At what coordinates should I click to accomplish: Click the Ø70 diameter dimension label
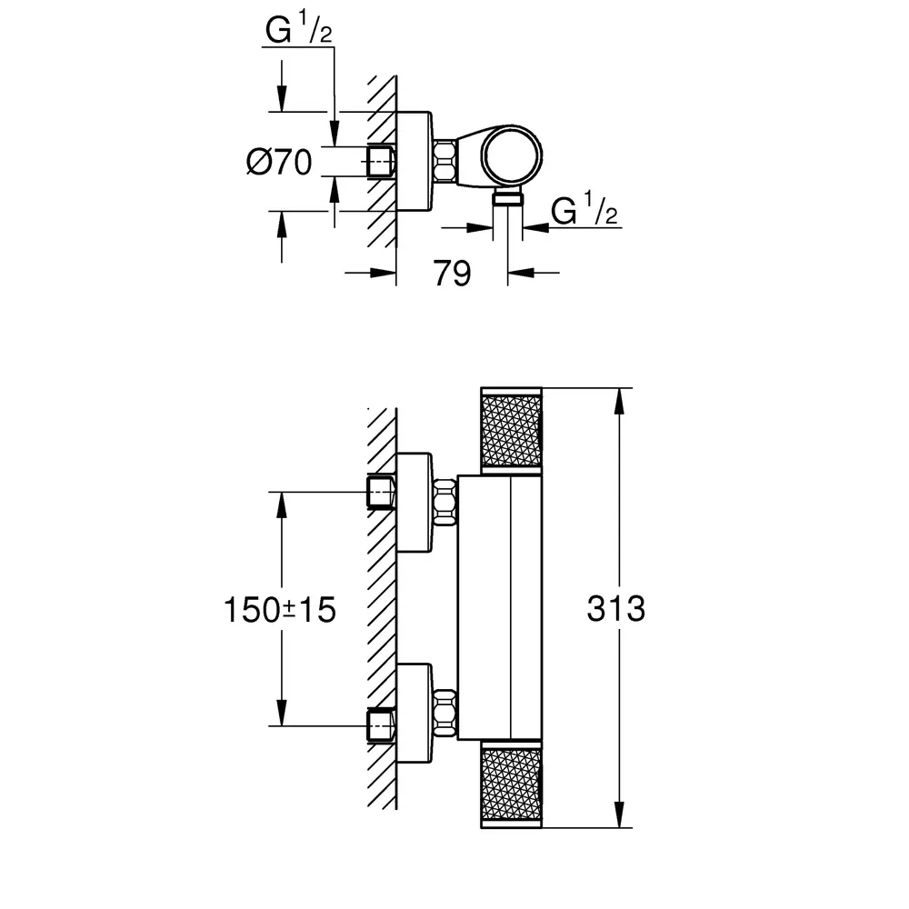pyautogui.click(x=279, y=162)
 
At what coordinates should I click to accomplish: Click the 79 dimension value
pyautogui.click(x=452, y=273)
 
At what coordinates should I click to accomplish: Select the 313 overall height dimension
pyautogui.click(x=615, y=609)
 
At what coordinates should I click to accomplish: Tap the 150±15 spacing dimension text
pyautogui.click(x=279, y=610)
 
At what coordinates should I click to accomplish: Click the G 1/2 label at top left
pyautogui.click(x=298, y=28)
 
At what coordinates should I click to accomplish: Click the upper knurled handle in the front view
pyautogui.click(x=511, y=431)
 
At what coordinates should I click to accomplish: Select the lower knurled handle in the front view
pyautogui.click(x=511, y=784)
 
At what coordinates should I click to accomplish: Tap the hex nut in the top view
pyautogui.click(x=445, y=161)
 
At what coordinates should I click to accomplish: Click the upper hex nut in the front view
pyautogui.click(x=445, y=502)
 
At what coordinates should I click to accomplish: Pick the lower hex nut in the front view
pyautogui.click(x=445, y=713)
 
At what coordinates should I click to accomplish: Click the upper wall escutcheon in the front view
pyautogui.click(x=414, y=502)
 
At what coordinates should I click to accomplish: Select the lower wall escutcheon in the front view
pyautogui.click(x=414, y=713)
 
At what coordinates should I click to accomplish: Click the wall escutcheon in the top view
pyautogui.click(x=414, y=161)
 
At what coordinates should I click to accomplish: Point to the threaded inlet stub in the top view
pyautogui.click(x=381, y=161)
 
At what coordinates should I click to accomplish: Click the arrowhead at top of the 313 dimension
pyautogui.click(x=619, y=400)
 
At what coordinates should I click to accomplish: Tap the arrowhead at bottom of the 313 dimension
pyautogui.click(x=619, y=815)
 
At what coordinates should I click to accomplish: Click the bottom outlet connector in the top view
pyautogui.click(x=508, y=199)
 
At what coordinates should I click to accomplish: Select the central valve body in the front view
pyautogui.click(x=500, y=607)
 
